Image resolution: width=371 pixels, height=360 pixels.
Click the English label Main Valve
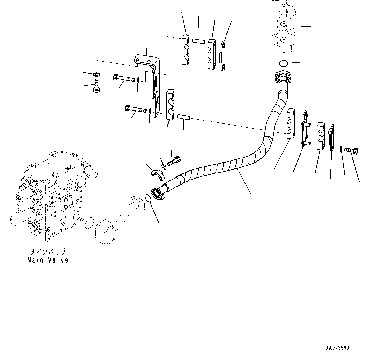pos(48,260)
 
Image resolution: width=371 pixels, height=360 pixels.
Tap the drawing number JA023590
pos(337,348)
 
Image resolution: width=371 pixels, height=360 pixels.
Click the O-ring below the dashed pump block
pos(284,63)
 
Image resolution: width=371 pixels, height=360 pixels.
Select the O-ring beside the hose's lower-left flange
pos(148,198)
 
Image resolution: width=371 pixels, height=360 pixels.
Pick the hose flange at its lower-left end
pos(158,193)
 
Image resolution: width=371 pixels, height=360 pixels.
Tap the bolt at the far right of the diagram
pos(351,150)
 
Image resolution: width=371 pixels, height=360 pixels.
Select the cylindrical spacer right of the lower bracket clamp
pos(184,117)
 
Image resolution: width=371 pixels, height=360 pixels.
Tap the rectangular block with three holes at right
pos(321,136)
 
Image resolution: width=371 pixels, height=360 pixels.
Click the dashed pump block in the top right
pos(284,26)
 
